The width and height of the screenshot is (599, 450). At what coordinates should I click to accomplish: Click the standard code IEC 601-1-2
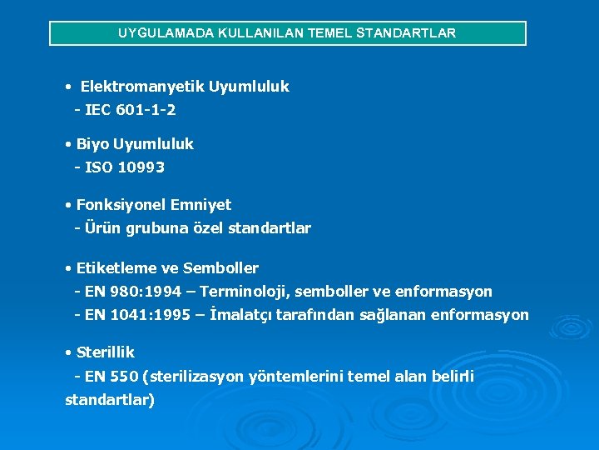pos(130,110)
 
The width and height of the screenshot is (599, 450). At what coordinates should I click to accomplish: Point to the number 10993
pos(141,167)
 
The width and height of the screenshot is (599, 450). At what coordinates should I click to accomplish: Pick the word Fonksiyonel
pos(121,205)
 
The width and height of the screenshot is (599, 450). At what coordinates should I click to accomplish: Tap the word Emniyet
pos(200,205)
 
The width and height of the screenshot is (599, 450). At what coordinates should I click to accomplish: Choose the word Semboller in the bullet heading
pos(220,268)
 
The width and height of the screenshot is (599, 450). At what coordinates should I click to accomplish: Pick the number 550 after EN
pos(124,377)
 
